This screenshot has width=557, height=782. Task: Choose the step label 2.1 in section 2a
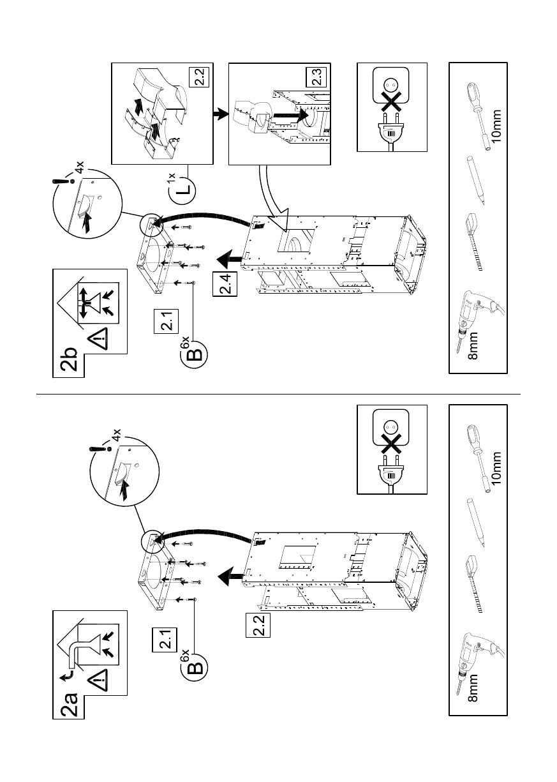tap(165, 640)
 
